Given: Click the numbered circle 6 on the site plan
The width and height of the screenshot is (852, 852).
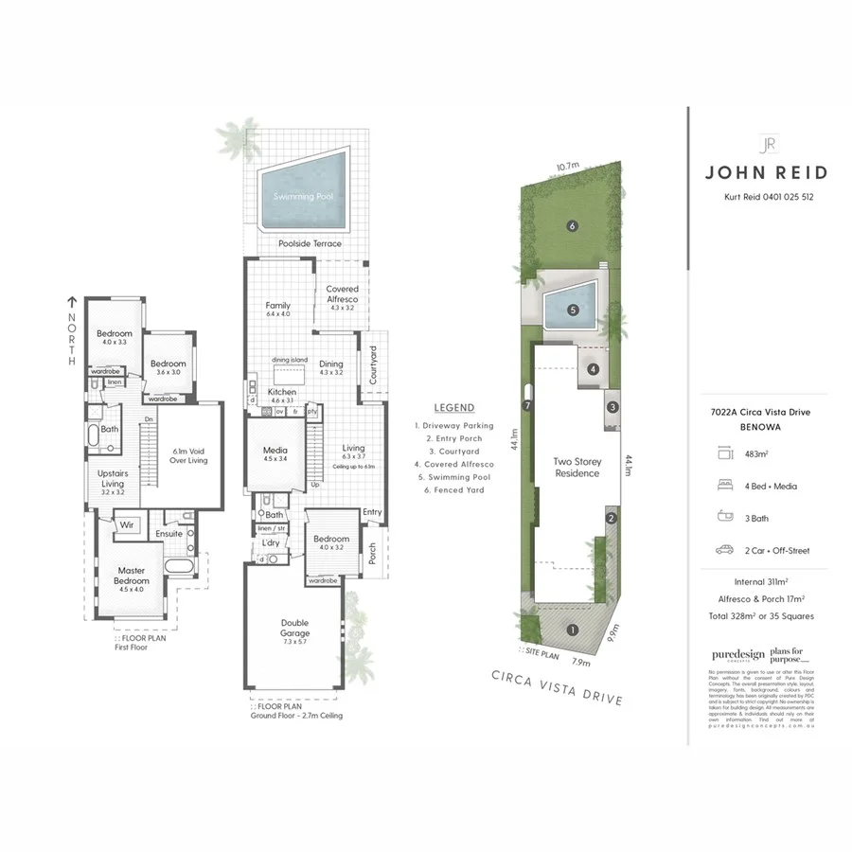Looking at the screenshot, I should pos(572,225).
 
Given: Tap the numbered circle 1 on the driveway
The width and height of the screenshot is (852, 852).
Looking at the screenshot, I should pos(572,630).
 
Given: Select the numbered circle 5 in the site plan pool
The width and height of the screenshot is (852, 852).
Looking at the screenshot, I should pos(572,310).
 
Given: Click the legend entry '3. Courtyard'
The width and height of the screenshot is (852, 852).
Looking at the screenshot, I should pos(443,452).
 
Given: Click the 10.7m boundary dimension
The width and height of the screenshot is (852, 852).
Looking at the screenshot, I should pos(568,167).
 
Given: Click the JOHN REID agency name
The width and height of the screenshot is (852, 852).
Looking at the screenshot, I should pos(766,172).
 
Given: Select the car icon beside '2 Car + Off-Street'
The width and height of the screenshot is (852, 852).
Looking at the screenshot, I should pos(726,550).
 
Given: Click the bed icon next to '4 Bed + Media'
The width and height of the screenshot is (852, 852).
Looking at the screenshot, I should pos(726,487).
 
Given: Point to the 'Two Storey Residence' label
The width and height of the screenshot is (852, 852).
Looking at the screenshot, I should pos(577,467).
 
